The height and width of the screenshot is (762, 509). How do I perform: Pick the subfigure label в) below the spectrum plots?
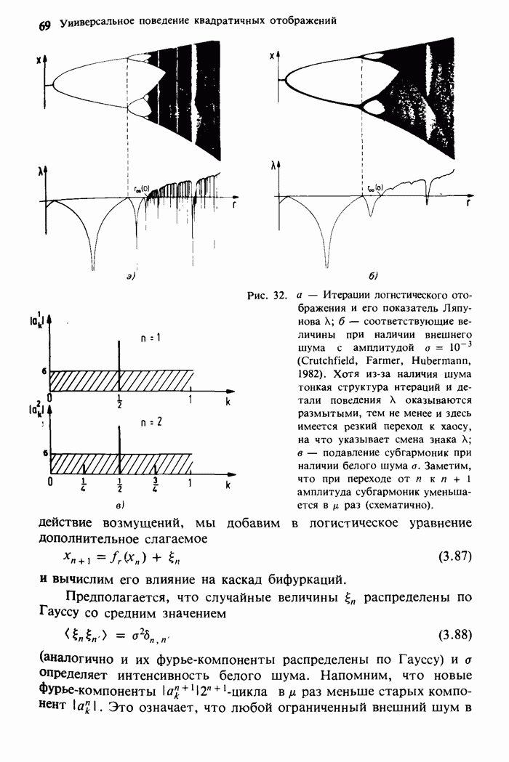tap(119, 503)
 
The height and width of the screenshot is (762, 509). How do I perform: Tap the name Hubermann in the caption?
tap(438, 361)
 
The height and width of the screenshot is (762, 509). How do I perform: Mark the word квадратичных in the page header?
tap(227, 22)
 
